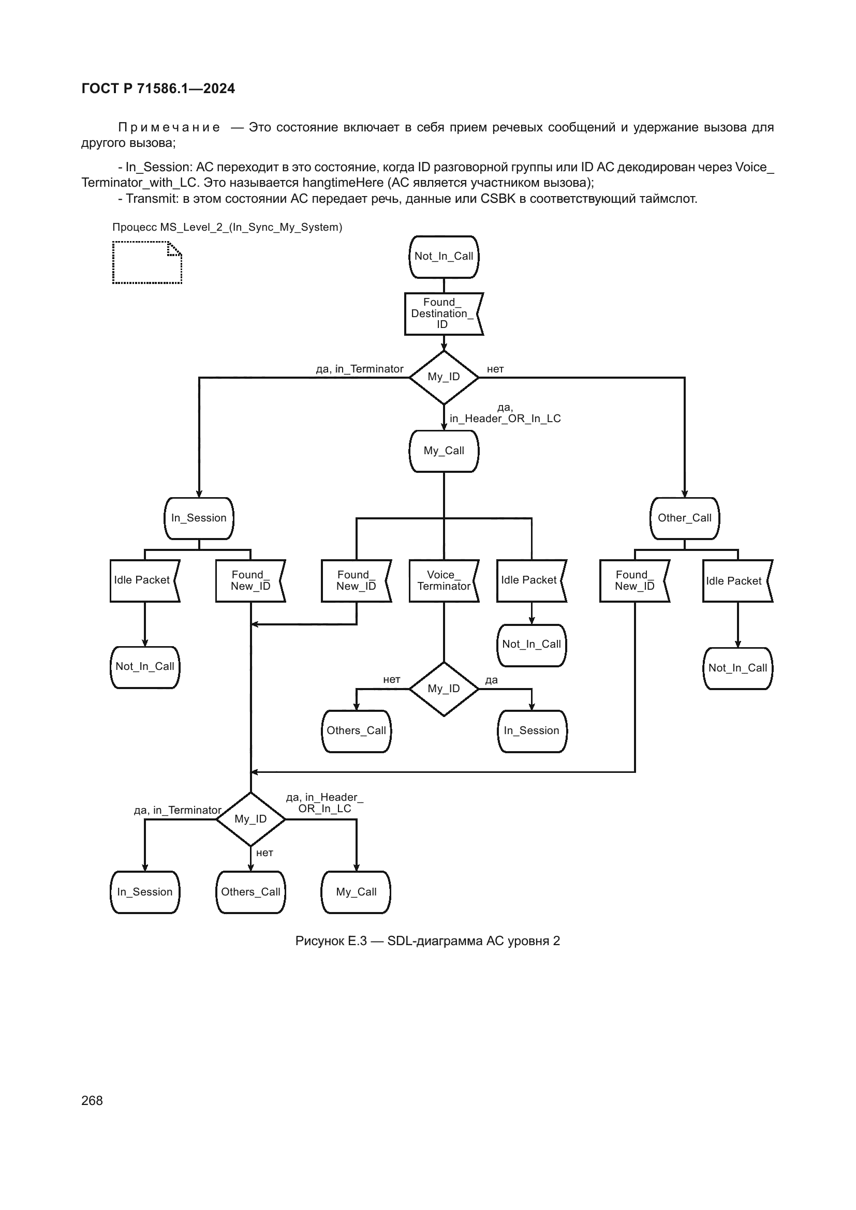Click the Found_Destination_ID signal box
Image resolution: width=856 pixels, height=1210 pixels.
click(x=444, y=313)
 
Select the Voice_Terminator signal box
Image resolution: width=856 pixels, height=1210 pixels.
click(x=444, y=580)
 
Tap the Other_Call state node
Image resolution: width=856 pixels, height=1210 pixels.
click(x=684, y=518)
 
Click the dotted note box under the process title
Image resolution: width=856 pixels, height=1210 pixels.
click(x=146, y=262)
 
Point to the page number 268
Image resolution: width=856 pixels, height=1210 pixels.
click(x=92, y=1100)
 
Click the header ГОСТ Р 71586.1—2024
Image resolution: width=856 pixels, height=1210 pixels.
click(x=158, y=88)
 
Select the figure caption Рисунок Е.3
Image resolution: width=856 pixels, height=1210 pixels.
click(x=427, y=940)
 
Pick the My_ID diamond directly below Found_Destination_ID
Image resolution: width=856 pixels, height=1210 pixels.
click(x=444, y=377)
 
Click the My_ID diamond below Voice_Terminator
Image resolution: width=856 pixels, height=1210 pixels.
click(x=444, y=688)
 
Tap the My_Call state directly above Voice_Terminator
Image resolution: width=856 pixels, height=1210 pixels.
click(x=444, y=451)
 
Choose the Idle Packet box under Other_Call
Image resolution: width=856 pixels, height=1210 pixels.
click(x=737, y=581)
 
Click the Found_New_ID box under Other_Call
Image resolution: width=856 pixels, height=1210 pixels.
click(x=634, y=580)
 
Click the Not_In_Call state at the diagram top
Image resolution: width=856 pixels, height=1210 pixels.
click(x=444, y=257)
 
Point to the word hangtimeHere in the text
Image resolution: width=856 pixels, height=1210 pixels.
click(x=343, y=183)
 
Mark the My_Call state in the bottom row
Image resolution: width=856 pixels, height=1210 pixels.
click(x=356, y=892)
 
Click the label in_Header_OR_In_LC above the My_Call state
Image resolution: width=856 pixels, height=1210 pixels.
click(x=505, y=419)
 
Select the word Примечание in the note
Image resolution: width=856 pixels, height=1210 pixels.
click(x=169, y=128)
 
